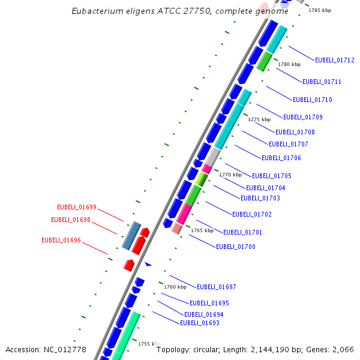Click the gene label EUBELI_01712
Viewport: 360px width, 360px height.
tap(334, 60)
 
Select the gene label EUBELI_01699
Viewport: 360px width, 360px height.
tap(77, 207)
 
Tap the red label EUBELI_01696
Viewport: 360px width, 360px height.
tap(61, 240)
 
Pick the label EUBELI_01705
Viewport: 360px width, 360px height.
tap(272, 176)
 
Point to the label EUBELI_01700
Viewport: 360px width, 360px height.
tap(236, 247)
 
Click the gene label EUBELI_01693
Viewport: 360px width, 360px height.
tap(200, 323)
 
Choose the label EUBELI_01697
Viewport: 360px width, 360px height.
tap(217, 287)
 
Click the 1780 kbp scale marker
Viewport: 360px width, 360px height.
tap(289, 64)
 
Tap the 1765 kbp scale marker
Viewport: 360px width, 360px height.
tap(202, 230)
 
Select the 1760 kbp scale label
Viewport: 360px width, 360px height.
tap(175, 287)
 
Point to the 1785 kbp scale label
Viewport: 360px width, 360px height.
tap(319, 11)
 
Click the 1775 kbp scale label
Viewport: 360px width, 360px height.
tap(259, 119)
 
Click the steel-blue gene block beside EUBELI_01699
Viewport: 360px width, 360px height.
tap(131, 235)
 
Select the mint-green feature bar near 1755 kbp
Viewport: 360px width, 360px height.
tap(127, 335)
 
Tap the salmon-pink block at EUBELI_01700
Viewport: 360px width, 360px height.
tap(177, 228)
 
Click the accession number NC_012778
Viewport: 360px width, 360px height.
tap(66, 350)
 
